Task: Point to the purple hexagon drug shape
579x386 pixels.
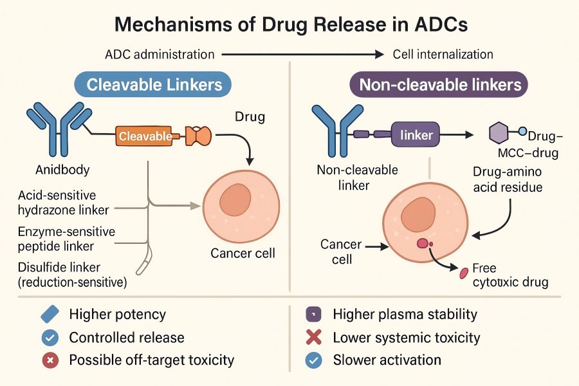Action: (499, 133)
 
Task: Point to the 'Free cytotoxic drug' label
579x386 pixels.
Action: (510, 275)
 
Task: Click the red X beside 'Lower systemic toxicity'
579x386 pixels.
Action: (313, 338)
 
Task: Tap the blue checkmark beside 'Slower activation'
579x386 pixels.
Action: (313, 360)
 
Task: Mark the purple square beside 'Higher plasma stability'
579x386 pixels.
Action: (313, 315)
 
